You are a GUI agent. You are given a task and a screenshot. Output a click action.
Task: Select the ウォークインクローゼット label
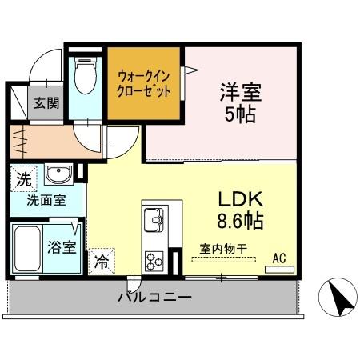point(144,84)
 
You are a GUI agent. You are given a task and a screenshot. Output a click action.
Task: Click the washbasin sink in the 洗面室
point(57,177)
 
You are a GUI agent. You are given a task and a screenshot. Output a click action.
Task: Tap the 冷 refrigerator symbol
point(102,261)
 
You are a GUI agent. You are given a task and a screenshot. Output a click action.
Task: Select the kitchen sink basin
point(153,218)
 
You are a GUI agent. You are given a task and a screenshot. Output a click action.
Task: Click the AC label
point(279,258)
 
